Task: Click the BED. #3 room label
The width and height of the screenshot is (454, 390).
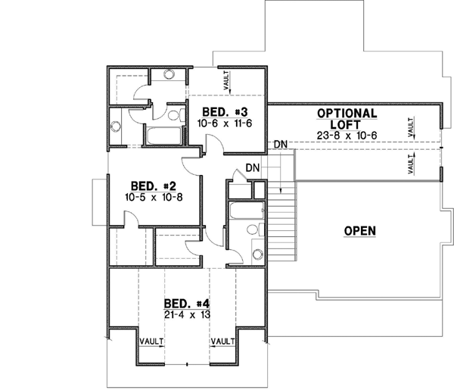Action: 225,111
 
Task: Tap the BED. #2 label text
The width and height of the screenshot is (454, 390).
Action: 154,186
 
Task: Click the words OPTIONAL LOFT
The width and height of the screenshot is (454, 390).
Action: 347,119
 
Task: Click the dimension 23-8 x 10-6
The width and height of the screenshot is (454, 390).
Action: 347,136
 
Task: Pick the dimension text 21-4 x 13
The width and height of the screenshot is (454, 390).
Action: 186,314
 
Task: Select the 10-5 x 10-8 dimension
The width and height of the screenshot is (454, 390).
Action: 154,198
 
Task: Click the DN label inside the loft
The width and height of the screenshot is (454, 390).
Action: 280,144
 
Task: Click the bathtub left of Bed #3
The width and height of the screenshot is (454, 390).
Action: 162,137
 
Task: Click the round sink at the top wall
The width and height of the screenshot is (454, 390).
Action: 167,75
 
